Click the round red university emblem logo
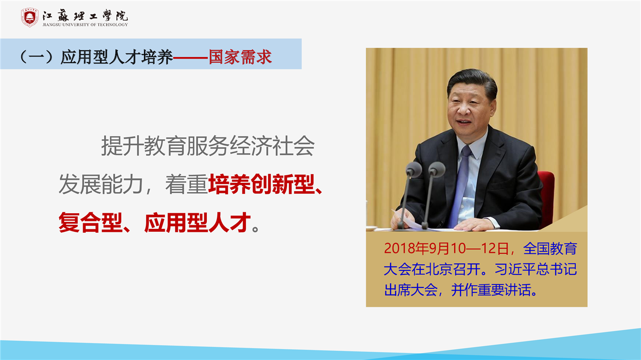(30, 18)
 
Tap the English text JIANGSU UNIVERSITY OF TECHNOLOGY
(85, 25)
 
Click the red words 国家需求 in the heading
(240, 57)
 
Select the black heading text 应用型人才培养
(117, 57)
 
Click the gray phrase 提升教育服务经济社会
(208, 146)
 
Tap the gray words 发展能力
(101, 184)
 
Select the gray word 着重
(186, 184)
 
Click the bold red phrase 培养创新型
(261, 184)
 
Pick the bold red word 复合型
(91, 222)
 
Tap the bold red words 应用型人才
(197, 222)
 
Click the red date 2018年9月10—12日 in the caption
(446, 248)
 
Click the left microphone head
(414, 169)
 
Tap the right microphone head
(436, 169)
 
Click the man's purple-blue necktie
(460, 186)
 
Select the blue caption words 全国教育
(550, 248)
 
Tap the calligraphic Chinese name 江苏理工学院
(85, 15)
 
